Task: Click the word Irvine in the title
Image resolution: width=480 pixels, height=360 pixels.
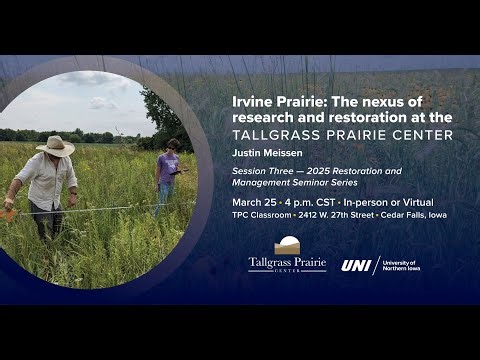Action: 252,102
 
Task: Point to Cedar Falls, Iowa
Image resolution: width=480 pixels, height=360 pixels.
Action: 413,214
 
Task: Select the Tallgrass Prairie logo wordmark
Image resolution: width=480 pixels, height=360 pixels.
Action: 287,265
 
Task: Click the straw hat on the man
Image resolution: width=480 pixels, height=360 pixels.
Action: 56,146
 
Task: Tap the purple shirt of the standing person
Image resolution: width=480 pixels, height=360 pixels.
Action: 167,166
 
